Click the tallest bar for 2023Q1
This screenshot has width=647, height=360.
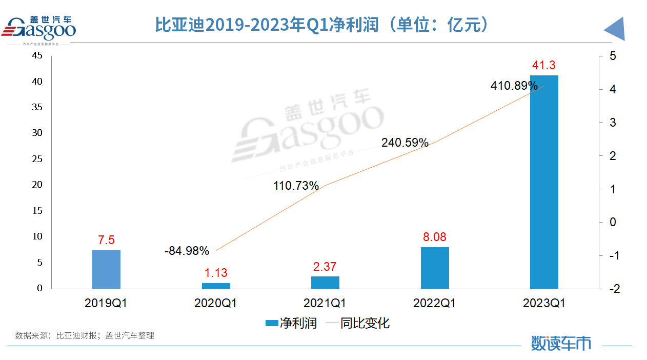tap(544, 182)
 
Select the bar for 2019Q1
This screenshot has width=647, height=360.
tap(106, 269)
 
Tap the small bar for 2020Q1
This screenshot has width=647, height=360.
tap(216, 286)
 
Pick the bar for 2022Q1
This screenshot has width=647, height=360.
tap(435, 268)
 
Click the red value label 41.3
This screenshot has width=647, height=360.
tap(544, 65)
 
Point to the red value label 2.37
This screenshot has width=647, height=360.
tap(325, 267)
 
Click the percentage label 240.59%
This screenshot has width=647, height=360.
tap(405, 143)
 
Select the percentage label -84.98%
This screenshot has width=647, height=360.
tap(187, 251)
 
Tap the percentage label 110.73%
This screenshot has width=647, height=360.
tap(296, 186)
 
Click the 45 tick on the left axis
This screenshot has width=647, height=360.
tap(37, 56)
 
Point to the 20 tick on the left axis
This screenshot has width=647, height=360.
tap(37, 185)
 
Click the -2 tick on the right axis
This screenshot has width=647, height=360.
tap(614, 289)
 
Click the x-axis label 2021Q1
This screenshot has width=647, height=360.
tap(325, 303)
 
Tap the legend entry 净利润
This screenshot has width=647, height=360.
tap(291, 323)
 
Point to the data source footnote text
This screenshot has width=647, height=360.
tap(85, 336)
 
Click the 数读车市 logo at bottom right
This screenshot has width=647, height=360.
tap(560, 343)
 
